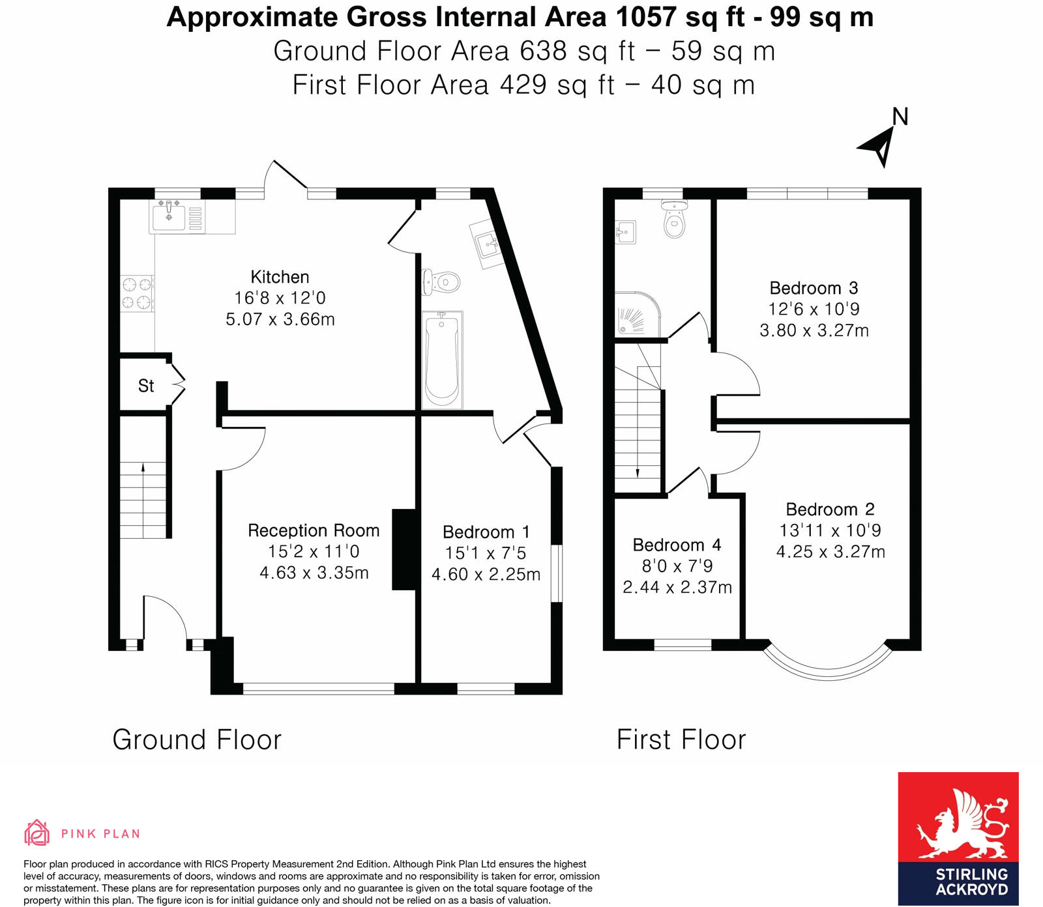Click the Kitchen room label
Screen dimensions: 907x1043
coord(280,277)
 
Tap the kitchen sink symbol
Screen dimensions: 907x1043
coord(169,218)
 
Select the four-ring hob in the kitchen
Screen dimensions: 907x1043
coord(137,293)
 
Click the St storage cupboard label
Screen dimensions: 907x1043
coord(146,386)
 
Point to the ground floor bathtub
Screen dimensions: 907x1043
coord(442,360)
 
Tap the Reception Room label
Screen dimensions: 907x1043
coord(314,530)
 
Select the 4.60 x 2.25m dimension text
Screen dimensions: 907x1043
coord(486,575)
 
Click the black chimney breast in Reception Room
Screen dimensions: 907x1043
coord(404,549)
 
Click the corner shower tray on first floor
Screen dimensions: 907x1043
coord(636,315)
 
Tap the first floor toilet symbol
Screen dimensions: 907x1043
coord(675,220)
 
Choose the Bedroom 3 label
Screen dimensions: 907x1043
coord(814,288)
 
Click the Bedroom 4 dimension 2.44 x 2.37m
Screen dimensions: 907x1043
coord(677,588)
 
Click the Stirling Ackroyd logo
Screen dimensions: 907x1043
coord(958,838)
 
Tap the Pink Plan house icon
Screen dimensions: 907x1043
coord(37,833)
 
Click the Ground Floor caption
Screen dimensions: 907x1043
coord(197,740)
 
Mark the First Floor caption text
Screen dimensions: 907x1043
coord(681,740)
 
